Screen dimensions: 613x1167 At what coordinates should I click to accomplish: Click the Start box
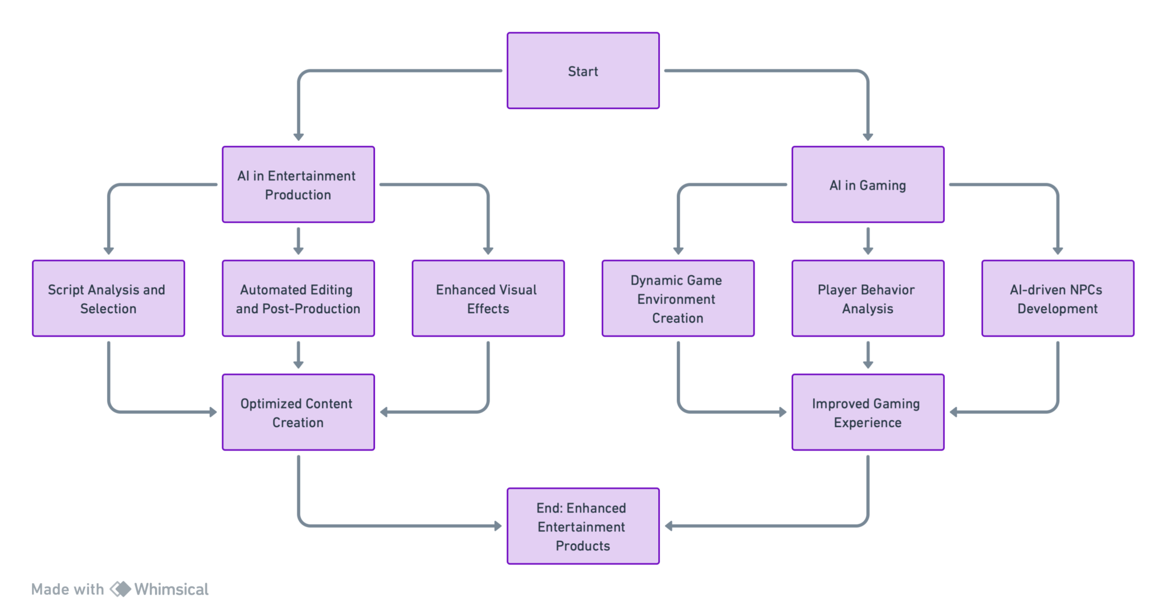[583, 71]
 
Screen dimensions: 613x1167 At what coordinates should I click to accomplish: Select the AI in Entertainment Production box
[298, 185]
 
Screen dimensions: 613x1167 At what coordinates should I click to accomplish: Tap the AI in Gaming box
[868, 185]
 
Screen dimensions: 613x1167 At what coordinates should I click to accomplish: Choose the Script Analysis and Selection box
[108, 299]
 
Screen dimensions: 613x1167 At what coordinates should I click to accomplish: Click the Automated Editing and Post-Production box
[298, 299]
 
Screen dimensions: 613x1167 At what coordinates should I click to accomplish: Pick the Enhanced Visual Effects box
[488, 299]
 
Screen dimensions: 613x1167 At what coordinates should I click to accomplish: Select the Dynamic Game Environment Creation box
[678, 299]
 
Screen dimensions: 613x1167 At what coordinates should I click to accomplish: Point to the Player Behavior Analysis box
[868, 299]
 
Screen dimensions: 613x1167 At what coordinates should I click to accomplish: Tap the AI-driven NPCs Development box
[1058, 299]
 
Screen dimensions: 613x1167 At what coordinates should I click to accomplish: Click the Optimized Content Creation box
[298, 412]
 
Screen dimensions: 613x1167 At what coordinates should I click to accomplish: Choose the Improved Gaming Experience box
[868, 412]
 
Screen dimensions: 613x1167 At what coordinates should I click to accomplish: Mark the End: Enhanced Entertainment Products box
[583, 526]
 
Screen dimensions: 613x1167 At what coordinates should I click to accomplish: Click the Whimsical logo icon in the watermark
[120, 589]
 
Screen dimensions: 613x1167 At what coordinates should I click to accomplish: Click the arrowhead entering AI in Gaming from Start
[868, 137]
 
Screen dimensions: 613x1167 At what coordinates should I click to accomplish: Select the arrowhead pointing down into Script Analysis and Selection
[108, 251]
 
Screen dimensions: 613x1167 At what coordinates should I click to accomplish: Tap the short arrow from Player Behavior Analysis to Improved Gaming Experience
[868, 355]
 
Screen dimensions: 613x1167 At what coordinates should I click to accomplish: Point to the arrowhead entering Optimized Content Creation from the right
[384, 412]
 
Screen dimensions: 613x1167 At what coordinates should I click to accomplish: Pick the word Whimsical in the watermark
[171, 589]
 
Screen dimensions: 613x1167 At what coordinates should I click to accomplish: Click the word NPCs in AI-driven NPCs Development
[1086, 289]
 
